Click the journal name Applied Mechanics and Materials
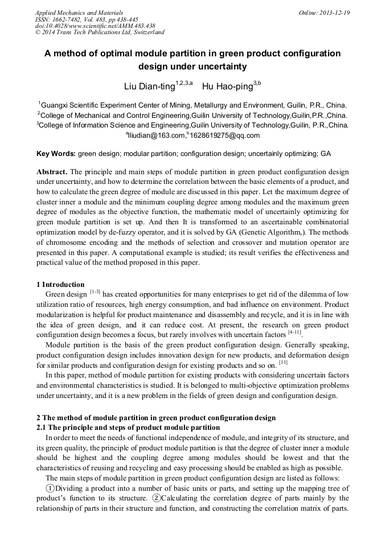pyautogui.click(x=79, y=13)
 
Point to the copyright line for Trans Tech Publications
pyautogui.click(x=100, y=33)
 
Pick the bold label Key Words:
pyautogui.click(x=56, y=154)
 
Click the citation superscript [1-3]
pyautogui.click(x=95, y=292)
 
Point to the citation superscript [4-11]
pyautogui.click(x=294, y=332)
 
